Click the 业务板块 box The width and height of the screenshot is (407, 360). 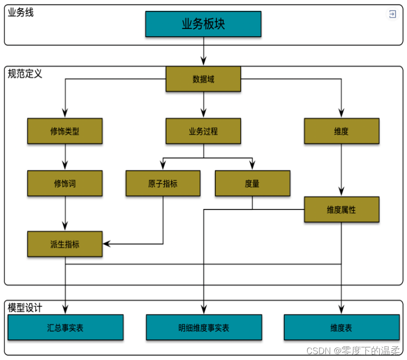click(203, 24)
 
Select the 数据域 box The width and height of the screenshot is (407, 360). click(203, 79)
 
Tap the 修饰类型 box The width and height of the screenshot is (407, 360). click(65, 131)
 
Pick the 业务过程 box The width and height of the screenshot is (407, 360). click(203, 131)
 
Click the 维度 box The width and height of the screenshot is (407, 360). click(342, 131)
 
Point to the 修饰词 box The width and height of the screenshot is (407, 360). click(65, 183)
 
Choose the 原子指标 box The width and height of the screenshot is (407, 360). click(163, 183)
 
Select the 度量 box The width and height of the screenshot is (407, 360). click(253, 183)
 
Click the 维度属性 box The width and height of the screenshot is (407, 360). click(342, 210)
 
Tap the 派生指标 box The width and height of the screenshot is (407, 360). click(65, 244)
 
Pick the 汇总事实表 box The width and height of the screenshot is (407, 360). click(65, 327)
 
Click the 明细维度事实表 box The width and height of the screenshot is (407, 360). click(204, 327)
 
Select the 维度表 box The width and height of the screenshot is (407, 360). click(341, 327)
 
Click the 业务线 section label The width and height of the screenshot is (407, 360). click(21, 12)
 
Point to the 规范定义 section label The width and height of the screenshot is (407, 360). click(25, 74)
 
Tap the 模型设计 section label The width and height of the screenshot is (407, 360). click(25, 308)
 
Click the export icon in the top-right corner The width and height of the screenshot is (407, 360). click(392, 14)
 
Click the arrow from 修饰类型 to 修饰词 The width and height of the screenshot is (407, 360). click(65, 157)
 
